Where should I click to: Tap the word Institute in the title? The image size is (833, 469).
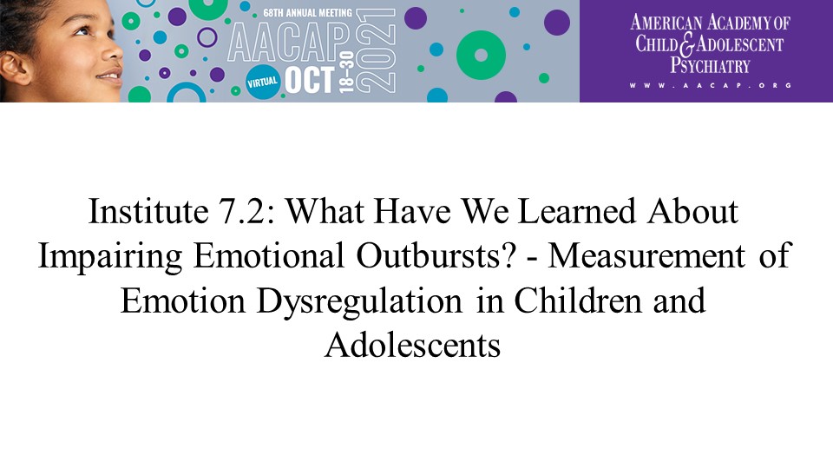pos(148,212)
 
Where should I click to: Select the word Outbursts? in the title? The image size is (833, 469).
pos(436,255)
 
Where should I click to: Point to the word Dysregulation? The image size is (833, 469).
pos(359,301)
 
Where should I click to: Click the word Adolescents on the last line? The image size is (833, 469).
pos(413,346)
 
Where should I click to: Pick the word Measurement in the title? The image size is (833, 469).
pos(646,255)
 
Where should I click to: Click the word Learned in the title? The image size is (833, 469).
pos(576,211)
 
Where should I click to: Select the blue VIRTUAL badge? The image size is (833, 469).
pos(262,82)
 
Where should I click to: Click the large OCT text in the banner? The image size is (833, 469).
pos(309,80)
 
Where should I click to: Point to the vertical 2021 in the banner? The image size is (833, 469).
pos(376,51)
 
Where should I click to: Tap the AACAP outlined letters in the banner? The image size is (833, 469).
pos(290,43)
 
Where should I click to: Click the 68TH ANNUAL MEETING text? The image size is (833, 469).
pos(307,12)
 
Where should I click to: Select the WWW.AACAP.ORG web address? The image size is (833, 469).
pos(711,85)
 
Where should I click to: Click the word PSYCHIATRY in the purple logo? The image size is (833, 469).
pos(710,65)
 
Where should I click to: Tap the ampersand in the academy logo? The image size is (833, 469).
pos(687,44)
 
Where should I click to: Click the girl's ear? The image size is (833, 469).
pos(15,68)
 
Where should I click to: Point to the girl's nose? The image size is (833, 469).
pos(113,52)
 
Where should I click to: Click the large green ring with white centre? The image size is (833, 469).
pos(481,56)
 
